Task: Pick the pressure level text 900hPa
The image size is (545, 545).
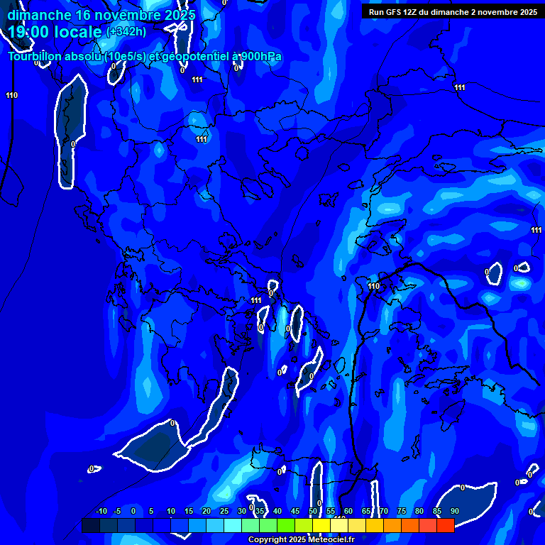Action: [261, 57]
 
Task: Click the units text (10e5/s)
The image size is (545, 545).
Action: [124, 57]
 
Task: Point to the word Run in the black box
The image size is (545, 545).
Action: [376, 12]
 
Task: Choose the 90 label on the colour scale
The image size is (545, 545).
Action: [454, 512]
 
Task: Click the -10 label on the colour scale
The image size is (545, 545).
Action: [101, 512]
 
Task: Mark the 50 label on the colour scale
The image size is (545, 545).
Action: [313, 512]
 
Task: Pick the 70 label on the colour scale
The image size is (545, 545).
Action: [384, 512]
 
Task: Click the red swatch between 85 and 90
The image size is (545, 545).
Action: [446, 525]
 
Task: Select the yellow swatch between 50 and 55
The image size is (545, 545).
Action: [321, 525]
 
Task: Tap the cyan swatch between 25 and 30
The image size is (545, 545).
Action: [233, 525]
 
